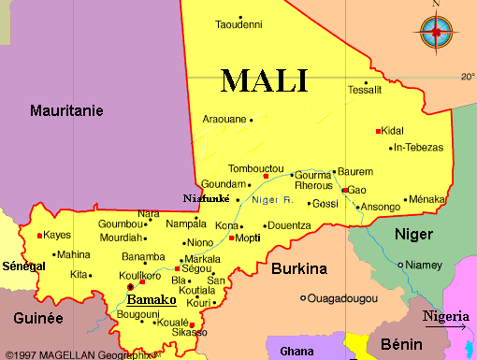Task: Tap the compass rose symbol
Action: click(436, 32)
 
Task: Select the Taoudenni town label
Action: click(238, 25)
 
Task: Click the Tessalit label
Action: click(365, 91)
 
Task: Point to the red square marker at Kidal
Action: click(379, 131)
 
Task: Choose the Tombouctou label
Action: click(230, 169)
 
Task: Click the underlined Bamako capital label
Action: click(152, 300)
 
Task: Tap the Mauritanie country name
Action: click(66, 110)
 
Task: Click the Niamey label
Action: click(424, 265)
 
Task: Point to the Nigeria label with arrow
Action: click(445, 317)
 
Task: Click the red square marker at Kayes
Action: click(39, 236)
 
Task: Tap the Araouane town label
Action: click(224, 120)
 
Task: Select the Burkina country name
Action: click(298, 269)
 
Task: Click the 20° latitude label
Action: click(468, 76)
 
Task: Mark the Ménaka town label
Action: click(427, 199)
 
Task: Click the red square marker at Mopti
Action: click(231, 238)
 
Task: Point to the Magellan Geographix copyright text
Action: click(76, 354)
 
